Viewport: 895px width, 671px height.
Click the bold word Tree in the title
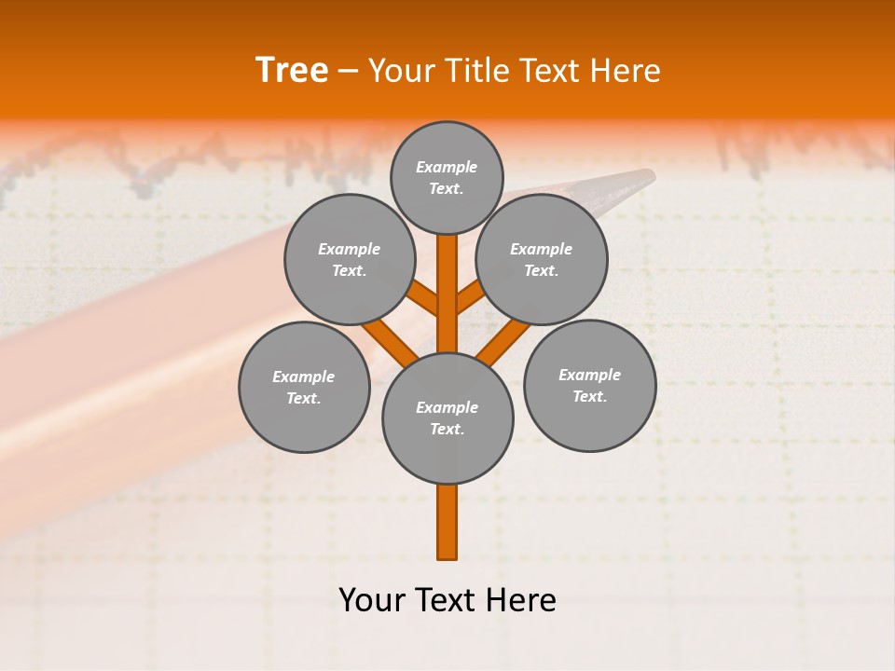(292, 70)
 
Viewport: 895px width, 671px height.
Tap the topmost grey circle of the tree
(447, 177)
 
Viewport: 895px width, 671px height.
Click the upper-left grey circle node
(349, 259)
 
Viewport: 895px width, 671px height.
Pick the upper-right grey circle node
(541, 259)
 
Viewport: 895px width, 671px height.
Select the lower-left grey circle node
(304, 387)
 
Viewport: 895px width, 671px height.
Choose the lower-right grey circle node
(589, 385)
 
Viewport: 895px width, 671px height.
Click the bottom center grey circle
(447, 418)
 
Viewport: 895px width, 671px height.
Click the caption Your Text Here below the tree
(447, 599)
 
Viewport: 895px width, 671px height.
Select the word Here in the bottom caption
(521, 599)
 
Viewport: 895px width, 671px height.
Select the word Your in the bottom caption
(372, 599)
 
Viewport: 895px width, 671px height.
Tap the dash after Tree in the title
(348, 71)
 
